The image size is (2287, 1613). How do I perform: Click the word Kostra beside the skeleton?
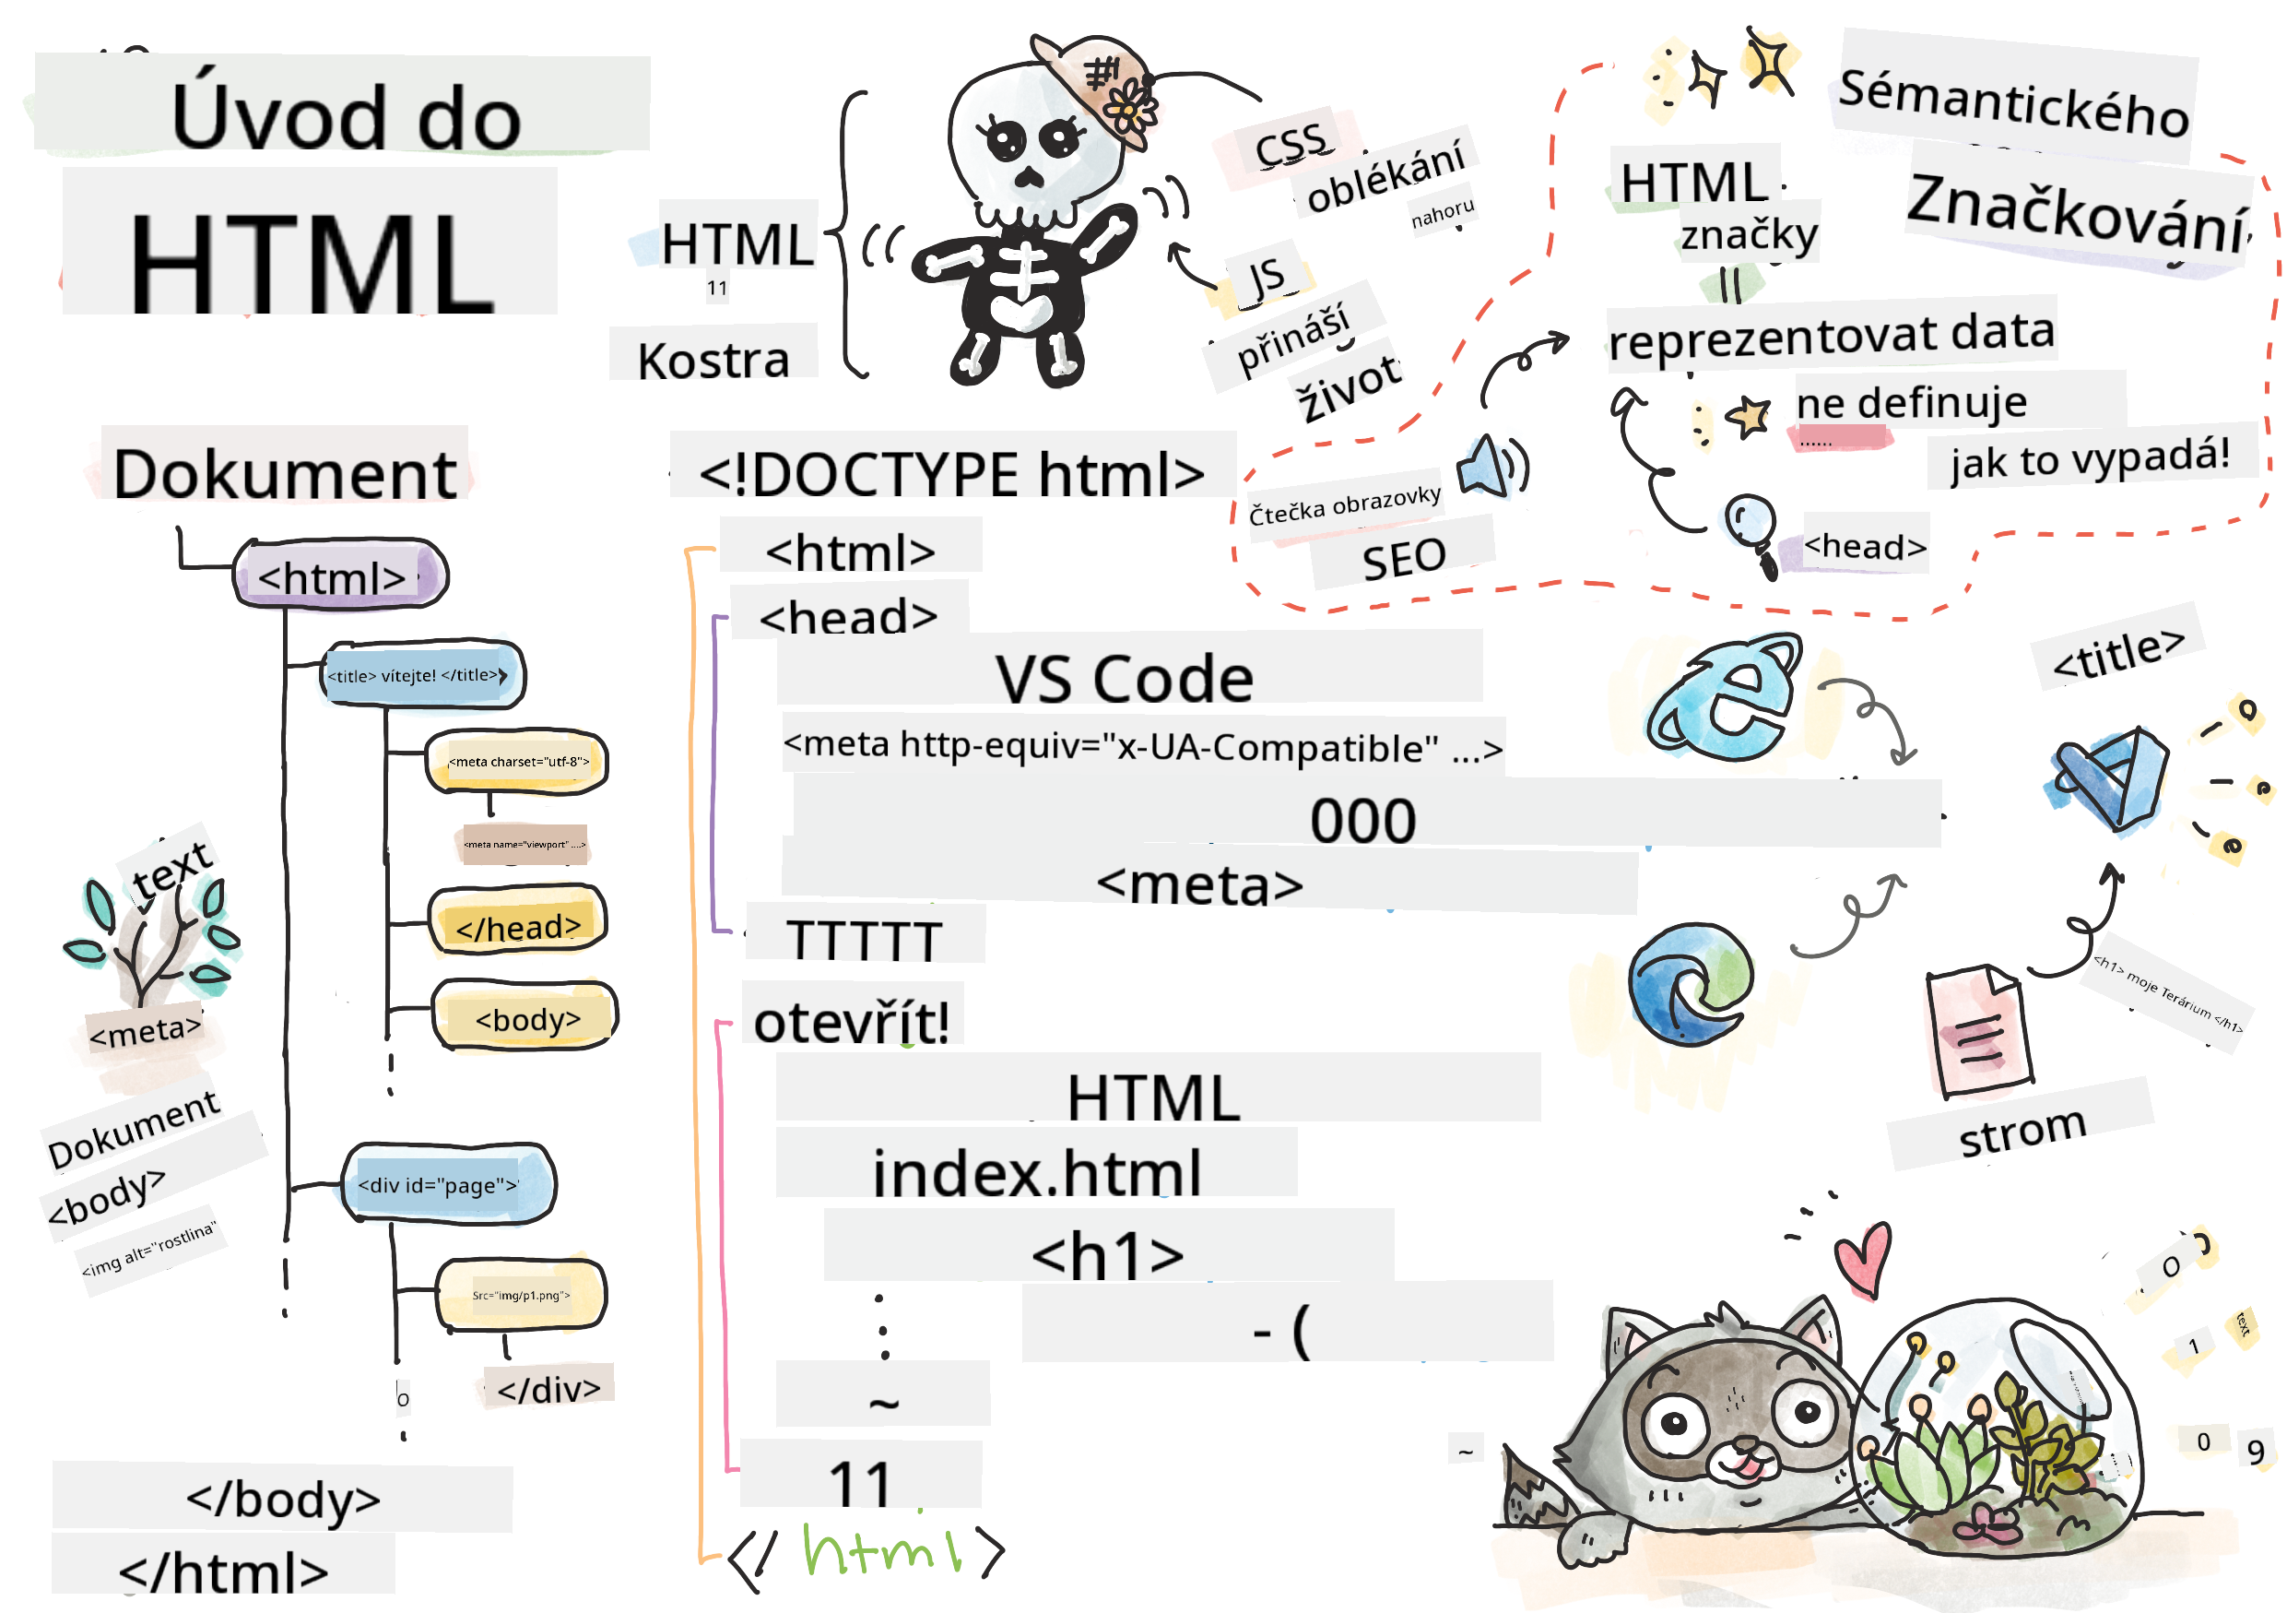tap(713, 360)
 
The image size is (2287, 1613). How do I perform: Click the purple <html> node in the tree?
tap(339, 575)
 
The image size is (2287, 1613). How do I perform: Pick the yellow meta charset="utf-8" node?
tap(517, 761)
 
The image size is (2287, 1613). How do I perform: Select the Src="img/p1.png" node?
tap(521, 1295)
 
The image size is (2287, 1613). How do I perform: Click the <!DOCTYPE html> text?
tap(951, 473)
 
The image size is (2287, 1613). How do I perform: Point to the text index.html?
tap(1036, 1173)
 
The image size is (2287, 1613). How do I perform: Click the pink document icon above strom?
tap(1977, 1032)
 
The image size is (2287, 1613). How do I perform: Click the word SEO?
tap(1404, 558)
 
